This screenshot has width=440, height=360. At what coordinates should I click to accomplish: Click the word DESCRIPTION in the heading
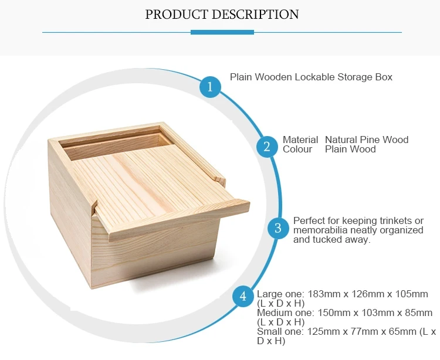[x=256, y=14]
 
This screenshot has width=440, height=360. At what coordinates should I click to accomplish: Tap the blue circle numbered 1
[x=210, y=87]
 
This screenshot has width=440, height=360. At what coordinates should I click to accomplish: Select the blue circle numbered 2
[x=267, y=147]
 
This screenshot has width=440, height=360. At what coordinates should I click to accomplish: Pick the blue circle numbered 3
[x=278, y=228]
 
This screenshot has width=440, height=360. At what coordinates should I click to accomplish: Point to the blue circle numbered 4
[x=243, y=296]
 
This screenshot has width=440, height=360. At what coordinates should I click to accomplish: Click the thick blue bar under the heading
[x=222, y=32]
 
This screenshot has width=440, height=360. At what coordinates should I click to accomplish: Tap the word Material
[x=300, y=140]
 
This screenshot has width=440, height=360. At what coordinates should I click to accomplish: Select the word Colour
[x=297, y=149]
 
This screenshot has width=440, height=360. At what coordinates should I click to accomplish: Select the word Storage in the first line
[x=355, y=77]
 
